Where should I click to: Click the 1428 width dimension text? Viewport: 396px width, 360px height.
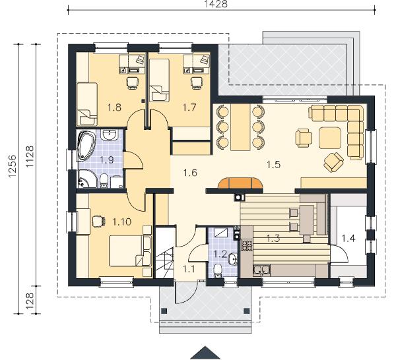point(216,4)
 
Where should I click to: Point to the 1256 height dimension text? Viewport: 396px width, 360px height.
point(12,166)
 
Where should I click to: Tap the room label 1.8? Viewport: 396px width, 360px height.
point(114,107)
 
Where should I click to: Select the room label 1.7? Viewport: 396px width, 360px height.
point(189,107)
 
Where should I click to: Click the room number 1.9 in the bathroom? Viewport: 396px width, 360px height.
point(107,160)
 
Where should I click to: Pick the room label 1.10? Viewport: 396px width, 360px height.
point(121,222)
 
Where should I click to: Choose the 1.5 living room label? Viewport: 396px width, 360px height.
point(274,165)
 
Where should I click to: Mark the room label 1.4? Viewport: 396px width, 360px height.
point(348,238)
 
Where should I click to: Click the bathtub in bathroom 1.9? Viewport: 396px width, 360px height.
point(86,146)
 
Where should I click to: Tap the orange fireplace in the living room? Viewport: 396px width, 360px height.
point(240,183)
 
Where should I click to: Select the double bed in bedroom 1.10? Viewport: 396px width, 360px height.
point(131,251)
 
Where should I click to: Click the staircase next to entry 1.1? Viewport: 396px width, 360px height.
point(164,253)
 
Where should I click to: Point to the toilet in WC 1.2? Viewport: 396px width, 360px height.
point(217,271)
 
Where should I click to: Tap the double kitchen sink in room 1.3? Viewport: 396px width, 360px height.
point(261,270)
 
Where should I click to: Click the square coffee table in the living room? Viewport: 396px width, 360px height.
point(330,138)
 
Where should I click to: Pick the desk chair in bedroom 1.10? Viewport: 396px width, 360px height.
point(98,222)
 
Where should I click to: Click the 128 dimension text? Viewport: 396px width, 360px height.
point(30,301)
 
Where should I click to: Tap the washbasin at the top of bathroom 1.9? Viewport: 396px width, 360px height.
point(110,135)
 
